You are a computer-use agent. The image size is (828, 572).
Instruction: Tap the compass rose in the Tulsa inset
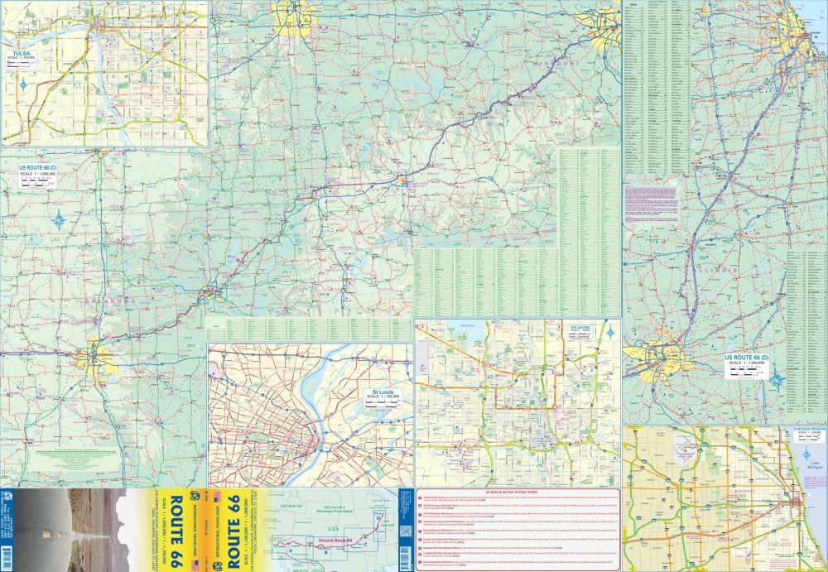(24, 85)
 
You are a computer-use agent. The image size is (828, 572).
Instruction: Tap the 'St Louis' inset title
(381, 392)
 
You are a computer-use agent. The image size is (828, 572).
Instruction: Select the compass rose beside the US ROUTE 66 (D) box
(777, 381)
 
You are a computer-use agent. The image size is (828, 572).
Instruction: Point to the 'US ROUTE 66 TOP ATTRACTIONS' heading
(517, 492)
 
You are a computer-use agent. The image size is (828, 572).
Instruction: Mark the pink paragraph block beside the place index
(651, 201)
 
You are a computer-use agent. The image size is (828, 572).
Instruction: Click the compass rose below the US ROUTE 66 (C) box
(59, 220)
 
